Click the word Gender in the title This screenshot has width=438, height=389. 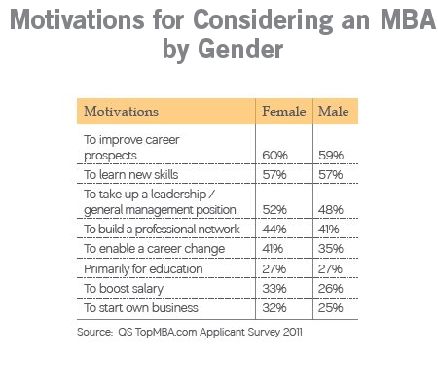coord(240,50)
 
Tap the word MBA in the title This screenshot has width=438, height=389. coord(408,19)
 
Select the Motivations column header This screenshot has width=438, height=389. coord(121,111)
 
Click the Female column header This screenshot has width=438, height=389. coord(284,111)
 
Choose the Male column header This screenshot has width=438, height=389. coord(334,111)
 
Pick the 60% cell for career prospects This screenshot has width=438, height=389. coord(274,156)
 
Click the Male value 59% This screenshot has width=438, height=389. coord(331,156)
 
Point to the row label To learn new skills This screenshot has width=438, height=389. coord(131,174)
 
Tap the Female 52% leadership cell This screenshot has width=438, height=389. coord(274,210)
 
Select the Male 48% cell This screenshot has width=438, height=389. coord(331,210)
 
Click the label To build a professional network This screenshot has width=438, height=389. coord(162,230)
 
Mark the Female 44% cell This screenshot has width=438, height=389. coord(274,230)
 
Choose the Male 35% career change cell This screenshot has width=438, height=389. coord(331,249)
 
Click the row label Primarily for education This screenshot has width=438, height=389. coord(143,269)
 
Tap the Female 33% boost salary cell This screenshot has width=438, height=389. coord(274,289)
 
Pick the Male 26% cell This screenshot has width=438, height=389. coord(331,289)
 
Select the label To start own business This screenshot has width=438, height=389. coord(141,307)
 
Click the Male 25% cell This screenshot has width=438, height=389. coord(331,307)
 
